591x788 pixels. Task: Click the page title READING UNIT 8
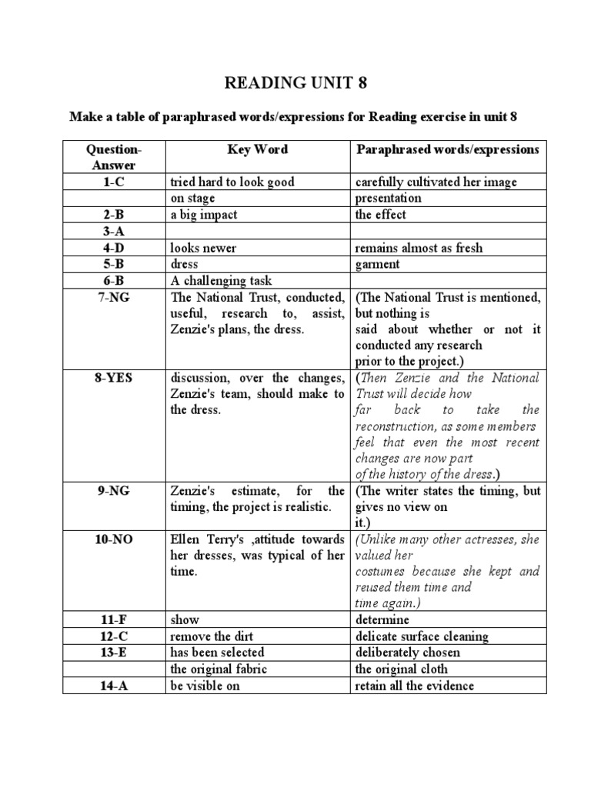tap(295, 84)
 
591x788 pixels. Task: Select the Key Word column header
tap(257, 149)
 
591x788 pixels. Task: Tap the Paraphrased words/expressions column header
tap(447, 149)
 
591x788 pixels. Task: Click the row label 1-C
tap(114, 182)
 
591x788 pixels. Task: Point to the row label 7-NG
tap(114, 297)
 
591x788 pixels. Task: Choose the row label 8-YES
tap(114, 377)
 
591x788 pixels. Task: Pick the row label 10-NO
tap(114, 539)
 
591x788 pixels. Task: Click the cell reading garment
tap(378, 265)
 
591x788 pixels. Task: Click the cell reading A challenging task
tap(222, 281)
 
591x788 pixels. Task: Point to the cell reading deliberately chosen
tap(408, 653)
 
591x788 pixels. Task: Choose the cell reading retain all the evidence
tap(415, 686)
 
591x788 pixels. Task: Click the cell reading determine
tap(382, 619)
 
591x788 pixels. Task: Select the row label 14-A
tap(114, 686)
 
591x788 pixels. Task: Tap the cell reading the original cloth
tap(401, 669)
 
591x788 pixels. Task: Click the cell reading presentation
tap(388, 198)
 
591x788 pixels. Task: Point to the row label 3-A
tap(114, 232)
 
